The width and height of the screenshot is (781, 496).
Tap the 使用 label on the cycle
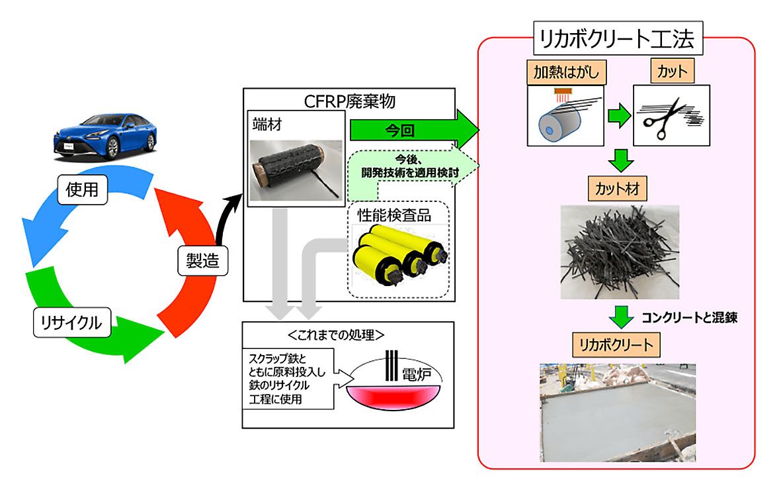click(82, 190)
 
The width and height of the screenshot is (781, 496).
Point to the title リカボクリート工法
click(616, 40)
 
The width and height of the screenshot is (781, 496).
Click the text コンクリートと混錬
click(689, 317)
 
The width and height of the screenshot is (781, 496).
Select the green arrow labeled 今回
click(410, 130)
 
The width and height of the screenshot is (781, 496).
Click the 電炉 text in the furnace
click(415, 375)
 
